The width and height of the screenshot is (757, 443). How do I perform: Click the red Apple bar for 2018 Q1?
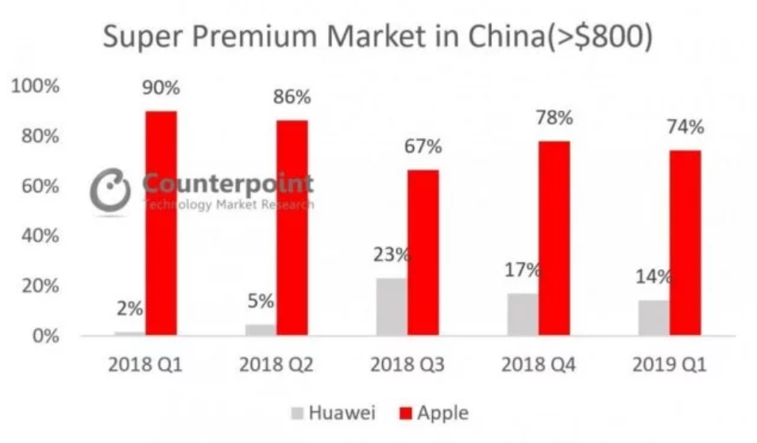pyautogui.click(x=160, y=222)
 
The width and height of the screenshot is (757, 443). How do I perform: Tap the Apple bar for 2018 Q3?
pyautogui.click(x=423, y=252)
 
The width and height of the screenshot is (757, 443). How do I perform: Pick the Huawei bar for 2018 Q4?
pyautogui.click(x=523, y=314)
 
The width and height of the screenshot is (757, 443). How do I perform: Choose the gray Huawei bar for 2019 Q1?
pyautogui.click(x=653, y=318)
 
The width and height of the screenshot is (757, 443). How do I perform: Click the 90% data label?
pyautogui.click(x=160, y=88)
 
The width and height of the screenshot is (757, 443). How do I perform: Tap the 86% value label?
pyautogui.click(x=292, y=98)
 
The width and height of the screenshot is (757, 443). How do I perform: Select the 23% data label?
pyautogui.click(x=391, y=256)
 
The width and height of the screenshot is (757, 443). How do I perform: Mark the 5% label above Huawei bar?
pyautogui.click(x=261, y=302)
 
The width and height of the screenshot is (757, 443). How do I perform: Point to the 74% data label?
pyautogui.click(x=685, y=127)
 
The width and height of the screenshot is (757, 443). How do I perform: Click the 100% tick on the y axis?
pyautogui.click(x=37, y=86)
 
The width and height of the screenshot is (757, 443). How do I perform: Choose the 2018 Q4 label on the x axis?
pyautogui.click(x=538, y=366)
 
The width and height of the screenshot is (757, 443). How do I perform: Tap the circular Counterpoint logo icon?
pyautogui.click(x=110, y=191)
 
